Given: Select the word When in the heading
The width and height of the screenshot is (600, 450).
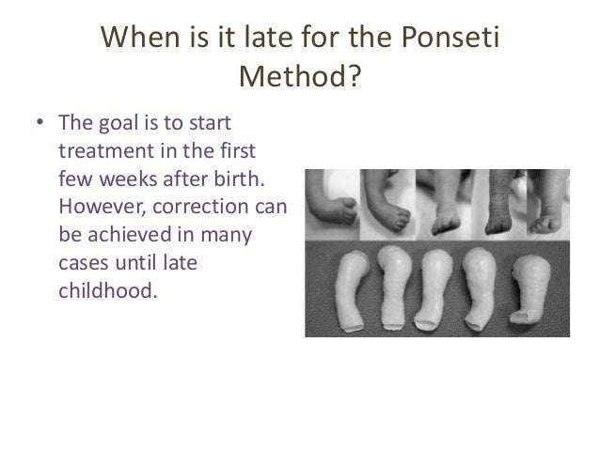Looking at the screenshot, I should [142, 37].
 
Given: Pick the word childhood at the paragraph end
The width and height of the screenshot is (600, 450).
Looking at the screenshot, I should [103, 290].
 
